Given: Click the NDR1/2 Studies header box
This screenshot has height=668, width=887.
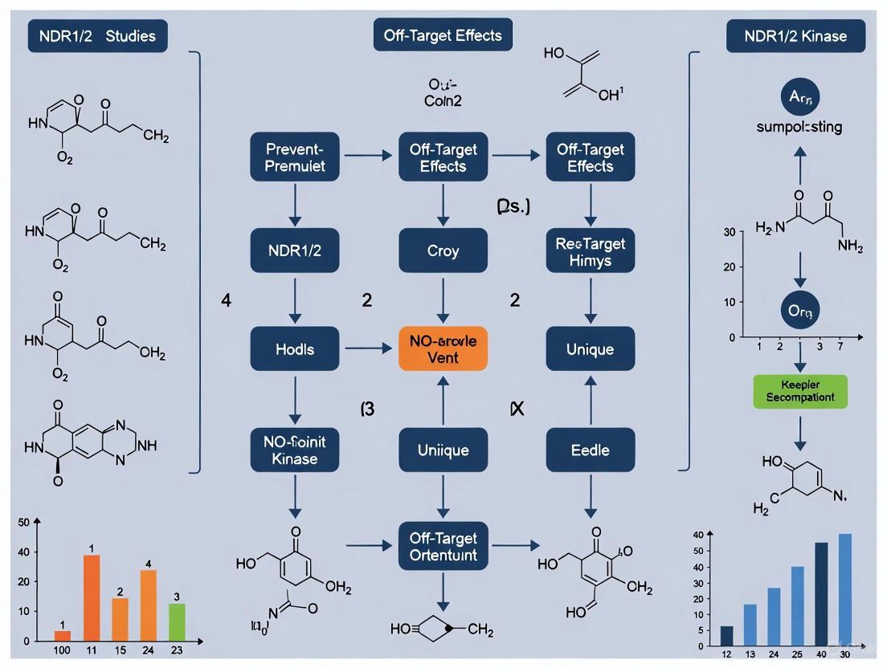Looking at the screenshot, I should pyautogui.click(x=98, y=36).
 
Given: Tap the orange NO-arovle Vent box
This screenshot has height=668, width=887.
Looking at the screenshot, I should pyautogui.click(x=443, y=349).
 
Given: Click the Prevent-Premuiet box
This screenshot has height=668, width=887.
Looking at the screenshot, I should pyautogui.click(x=295, y=157).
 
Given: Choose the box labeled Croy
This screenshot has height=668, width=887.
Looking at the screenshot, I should pyautogui.click(x=443, y=250).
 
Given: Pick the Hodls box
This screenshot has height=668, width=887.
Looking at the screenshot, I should pyautogui.click(x=295, y=349).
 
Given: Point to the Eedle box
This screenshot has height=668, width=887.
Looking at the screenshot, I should pyautogui.click(x=591, y=450).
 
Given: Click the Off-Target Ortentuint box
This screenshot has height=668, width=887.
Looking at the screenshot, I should pyautogui.click(x=443, y=547).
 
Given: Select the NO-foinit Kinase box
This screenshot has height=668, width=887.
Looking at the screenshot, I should pyautogui.click(x=295, y=450).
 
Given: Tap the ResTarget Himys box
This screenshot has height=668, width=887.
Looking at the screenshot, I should pyautogui.click(x=591, y=250).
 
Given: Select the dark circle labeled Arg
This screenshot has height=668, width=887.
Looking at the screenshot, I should pyautogui.click(x=800, y=96).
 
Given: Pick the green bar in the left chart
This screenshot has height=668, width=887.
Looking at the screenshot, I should pyautogui.click(x=178, y=621).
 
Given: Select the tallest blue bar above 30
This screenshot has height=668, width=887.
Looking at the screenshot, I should pyautogui.click(x=845, y=589).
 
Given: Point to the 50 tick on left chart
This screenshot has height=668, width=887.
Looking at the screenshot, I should pyautogui.click(x=23, y=523).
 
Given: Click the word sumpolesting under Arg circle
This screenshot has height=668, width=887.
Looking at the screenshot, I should pyautogui.click(x=799, y=128).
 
